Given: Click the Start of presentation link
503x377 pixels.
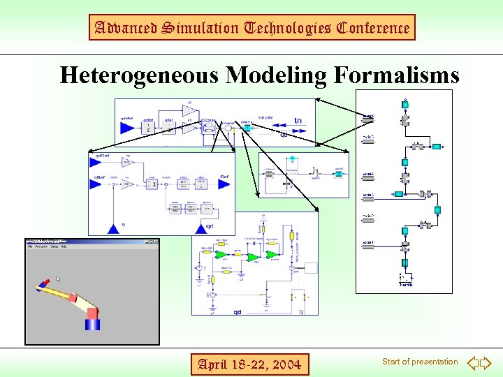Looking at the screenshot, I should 420,362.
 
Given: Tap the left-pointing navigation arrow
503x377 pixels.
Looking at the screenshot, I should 472,362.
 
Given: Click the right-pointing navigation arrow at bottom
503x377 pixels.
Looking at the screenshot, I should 486,362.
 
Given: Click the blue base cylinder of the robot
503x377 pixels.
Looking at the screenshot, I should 92,323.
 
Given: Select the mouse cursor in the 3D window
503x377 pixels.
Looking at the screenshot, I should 59,279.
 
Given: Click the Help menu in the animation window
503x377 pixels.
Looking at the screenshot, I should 63,246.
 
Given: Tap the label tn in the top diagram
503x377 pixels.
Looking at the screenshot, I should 298,120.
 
